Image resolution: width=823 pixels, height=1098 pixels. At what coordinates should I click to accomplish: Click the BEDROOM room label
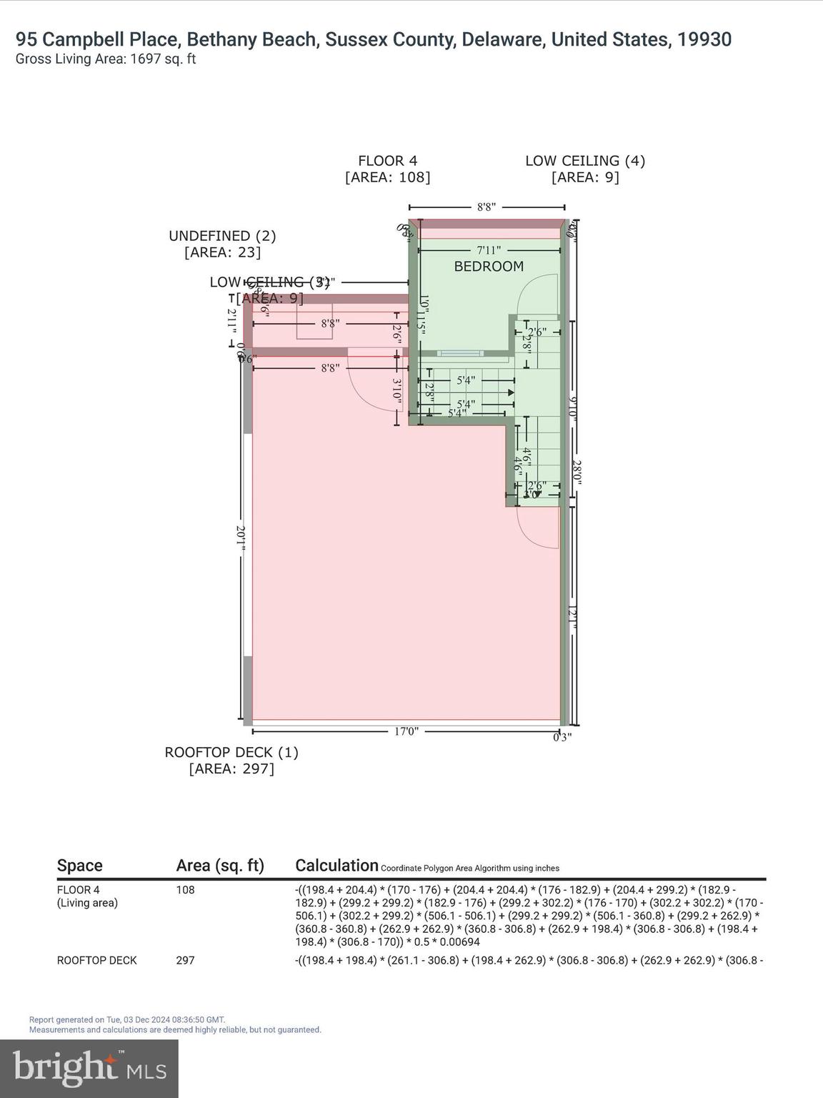(x=489, y=267)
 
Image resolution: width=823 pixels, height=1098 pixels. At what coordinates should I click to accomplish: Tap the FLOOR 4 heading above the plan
(x=387, y=162)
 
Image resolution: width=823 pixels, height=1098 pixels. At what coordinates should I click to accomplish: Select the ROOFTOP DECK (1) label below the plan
(x=231, y=753)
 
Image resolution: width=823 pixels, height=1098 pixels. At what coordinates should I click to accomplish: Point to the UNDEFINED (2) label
(x=222, y=236)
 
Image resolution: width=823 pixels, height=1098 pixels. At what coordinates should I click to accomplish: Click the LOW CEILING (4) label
(x=585, y=162)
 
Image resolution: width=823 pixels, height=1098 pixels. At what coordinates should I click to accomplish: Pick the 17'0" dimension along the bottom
(x=406, y=731)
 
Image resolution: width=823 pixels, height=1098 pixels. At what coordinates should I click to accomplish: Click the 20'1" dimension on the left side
(x=241, y=538)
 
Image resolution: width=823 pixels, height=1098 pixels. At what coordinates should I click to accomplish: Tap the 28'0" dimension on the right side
(x=576, y=473)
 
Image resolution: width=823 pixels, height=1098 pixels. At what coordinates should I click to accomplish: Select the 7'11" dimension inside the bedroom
(x=489, y=250)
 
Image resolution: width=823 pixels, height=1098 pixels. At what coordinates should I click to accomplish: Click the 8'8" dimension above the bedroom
(x=487, y=207)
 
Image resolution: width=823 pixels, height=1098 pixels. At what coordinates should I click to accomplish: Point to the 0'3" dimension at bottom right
(x=562, y=738)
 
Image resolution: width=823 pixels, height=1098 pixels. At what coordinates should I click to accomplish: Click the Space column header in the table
(x=80, y=866)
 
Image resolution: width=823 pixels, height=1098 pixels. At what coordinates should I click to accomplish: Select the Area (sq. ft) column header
(x=220, y=866)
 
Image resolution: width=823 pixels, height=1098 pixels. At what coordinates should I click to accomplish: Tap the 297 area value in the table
(x=185, y=960)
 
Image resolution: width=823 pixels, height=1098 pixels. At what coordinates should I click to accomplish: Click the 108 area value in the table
(x=185, y=890)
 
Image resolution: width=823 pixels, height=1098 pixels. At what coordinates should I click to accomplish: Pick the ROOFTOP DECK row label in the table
(x=96, y=960)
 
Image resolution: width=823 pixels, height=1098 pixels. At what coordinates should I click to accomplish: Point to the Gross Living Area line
(x=106, y=59)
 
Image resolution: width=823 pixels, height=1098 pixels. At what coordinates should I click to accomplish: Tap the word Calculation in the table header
(x=336, y=866)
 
